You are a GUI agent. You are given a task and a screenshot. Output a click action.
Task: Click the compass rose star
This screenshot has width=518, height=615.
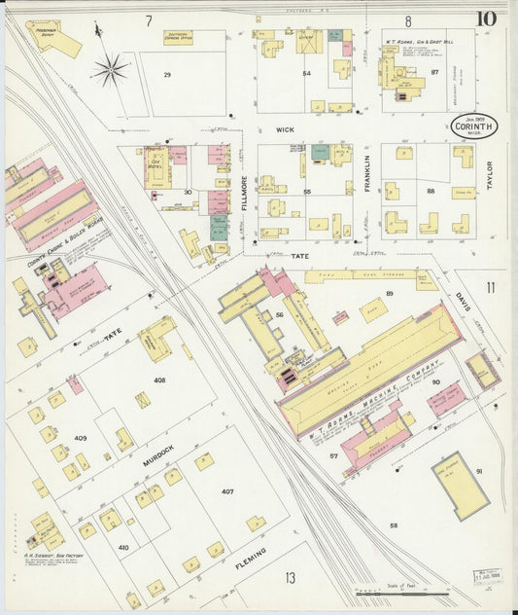point(110,69)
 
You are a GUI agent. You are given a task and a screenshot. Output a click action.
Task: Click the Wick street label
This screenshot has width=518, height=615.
point(284,128)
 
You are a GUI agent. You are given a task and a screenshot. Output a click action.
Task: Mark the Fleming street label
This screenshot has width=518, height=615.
point(251,557)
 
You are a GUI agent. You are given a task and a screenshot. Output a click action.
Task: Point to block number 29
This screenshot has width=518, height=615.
point(166,75)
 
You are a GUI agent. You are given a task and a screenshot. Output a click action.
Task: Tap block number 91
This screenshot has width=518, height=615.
point(478,471)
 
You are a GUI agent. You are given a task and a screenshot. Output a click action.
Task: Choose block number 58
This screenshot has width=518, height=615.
point(394,525)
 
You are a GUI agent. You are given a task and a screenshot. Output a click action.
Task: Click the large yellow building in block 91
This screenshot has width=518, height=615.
point(460,485)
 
